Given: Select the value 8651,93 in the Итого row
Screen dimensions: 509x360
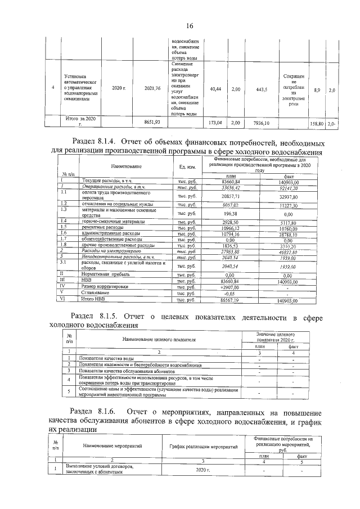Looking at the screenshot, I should pos(152,121).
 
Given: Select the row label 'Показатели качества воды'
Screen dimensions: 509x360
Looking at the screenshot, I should pos(106,358).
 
